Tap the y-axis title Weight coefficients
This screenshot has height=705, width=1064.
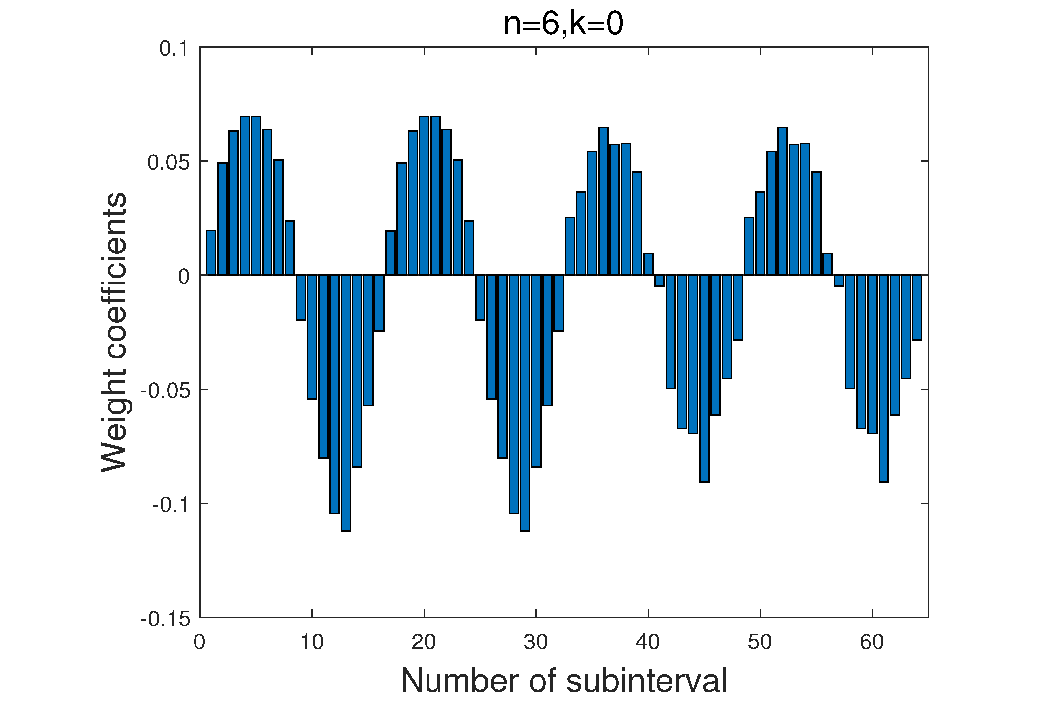coord(114,333)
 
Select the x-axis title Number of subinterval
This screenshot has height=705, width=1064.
coord(564,680)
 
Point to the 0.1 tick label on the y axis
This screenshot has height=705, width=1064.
coord(173,48)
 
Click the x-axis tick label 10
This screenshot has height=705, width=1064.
coord(312,642)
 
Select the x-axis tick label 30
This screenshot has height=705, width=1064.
coord(536,642)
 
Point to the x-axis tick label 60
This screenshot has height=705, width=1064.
coord(872,642)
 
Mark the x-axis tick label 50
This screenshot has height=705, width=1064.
coord(760,642)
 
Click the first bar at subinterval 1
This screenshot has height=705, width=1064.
coord(211,253)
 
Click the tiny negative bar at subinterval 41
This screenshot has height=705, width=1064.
coord(659,281)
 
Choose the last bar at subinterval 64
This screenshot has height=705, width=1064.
coord(917,307)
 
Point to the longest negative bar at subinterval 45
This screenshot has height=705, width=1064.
coord(704,379)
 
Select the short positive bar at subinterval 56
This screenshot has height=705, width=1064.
coord(827,264)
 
